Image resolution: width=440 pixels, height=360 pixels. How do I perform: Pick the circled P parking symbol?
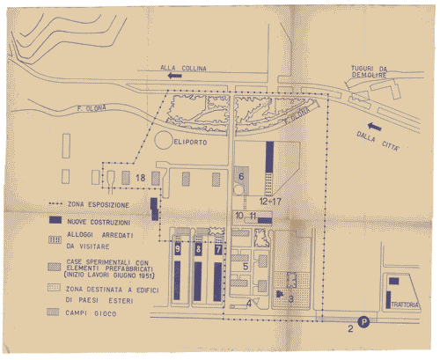click(x=363, y=322)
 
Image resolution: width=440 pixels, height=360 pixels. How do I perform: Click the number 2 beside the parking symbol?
click(x=350, y=330)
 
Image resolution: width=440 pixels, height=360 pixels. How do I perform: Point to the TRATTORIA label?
click(x=401, y=305)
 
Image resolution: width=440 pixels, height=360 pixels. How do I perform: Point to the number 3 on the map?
click(x=291, y=298)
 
